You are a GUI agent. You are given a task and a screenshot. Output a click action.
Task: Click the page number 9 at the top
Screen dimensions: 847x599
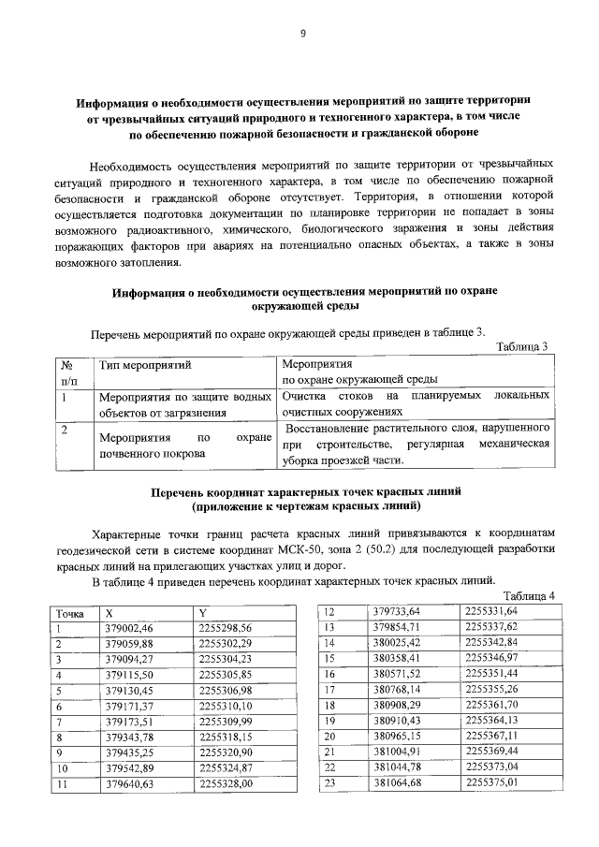[302, 35]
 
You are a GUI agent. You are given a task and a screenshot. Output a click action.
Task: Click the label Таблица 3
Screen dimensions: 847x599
[520, 347]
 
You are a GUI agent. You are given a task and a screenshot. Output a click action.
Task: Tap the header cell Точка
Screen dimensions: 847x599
[71, 614]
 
